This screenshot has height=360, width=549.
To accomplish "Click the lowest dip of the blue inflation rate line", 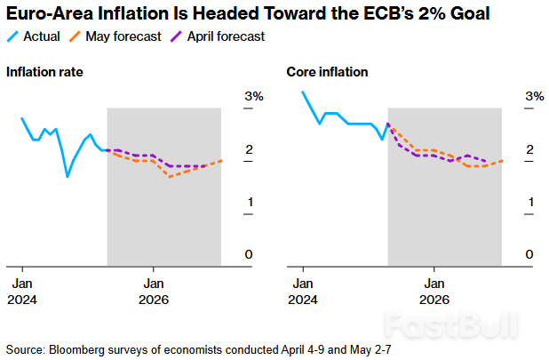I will click(68, 176).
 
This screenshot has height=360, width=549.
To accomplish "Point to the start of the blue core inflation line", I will click(303, 92).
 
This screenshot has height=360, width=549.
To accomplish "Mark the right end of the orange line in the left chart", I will click(221, 160).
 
